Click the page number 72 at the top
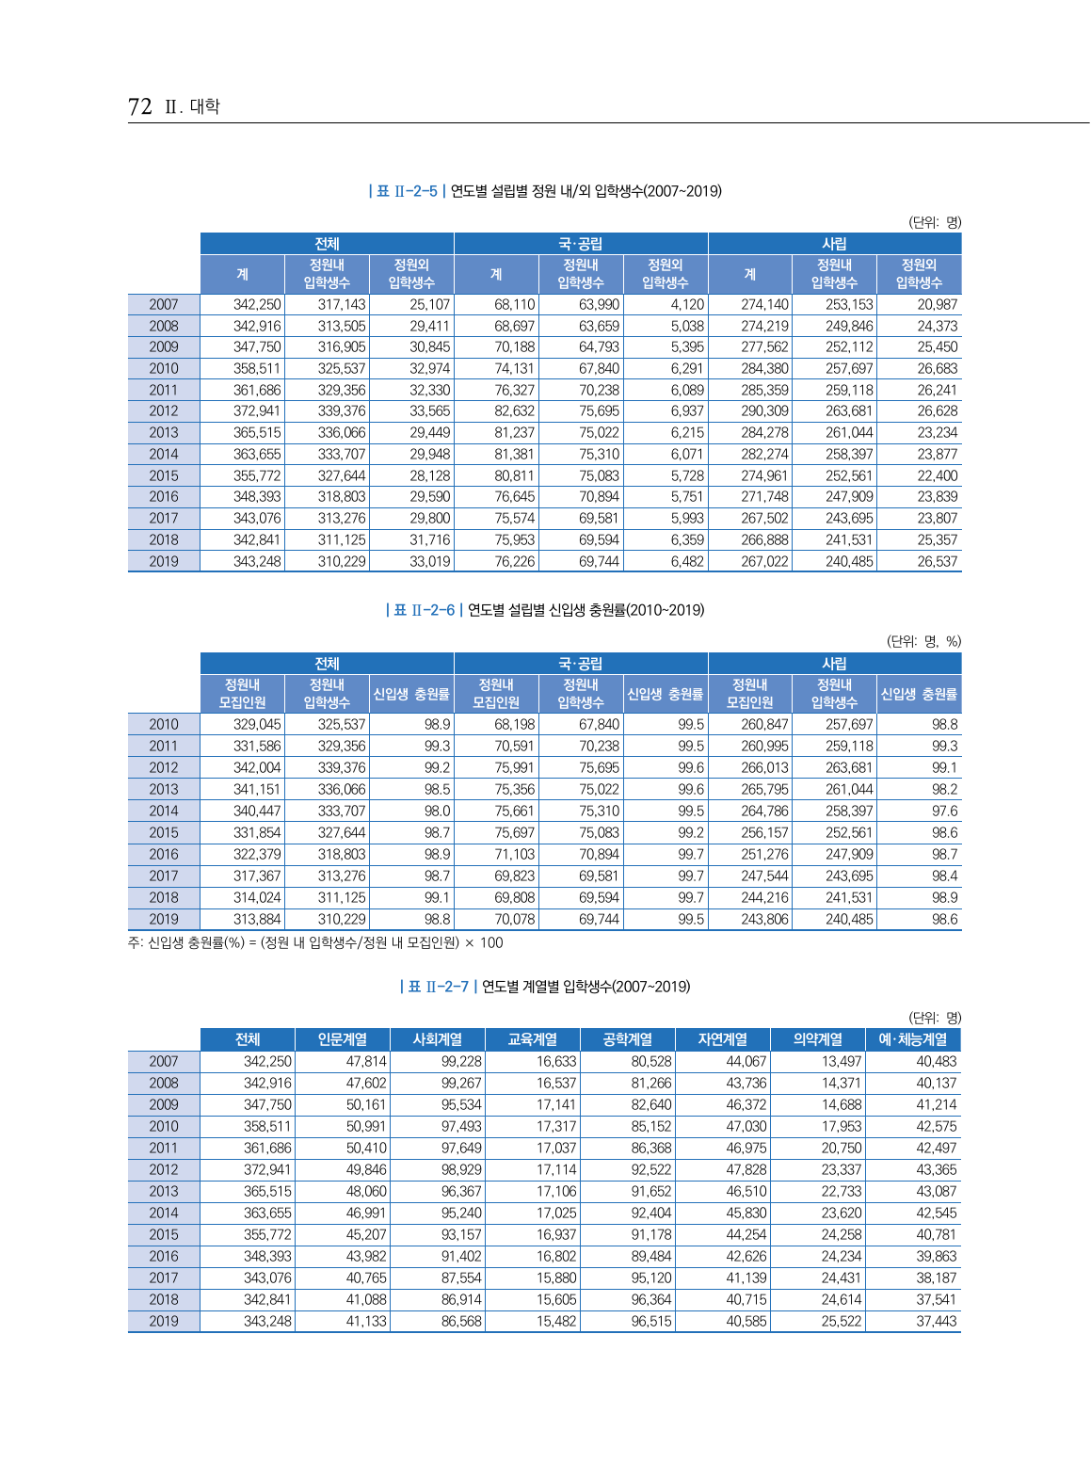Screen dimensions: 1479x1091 [139, 106]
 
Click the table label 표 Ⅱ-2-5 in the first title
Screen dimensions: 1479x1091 [406, 191]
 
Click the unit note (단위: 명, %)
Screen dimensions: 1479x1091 [923, 641]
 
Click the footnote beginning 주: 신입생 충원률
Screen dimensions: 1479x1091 [315, 942]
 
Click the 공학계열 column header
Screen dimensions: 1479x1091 [627, 1039]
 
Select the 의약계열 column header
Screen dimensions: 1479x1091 [817, 1039]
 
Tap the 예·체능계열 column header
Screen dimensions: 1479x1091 [912, 1039]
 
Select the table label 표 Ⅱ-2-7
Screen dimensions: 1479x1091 [438, 987]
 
